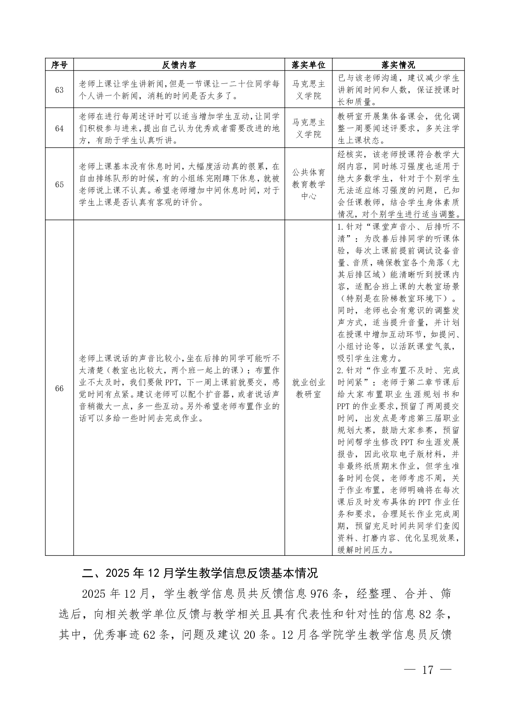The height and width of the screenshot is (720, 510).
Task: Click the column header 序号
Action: [59, 65]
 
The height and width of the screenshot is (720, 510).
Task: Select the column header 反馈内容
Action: [179, 65]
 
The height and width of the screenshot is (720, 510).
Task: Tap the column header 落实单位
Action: [308, 65]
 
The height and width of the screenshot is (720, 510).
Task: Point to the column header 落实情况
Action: [398, 65]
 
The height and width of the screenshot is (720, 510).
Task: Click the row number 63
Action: [59, 90]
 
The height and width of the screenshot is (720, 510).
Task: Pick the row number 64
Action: [59, 129]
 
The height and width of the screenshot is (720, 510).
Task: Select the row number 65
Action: [59, 184]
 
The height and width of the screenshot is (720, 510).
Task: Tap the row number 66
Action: [59, 388]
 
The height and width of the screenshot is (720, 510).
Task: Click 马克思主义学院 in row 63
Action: [308, 90]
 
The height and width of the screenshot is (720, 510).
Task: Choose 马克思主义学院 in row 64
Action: [308, 128]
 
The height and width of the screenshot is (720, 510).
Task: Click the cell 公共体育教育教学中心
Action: [308, 184]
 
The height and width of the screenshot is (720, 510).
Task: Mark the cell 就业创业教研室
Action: [308, 388]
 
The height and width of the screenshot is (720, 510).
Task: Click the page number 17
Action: [428, 670]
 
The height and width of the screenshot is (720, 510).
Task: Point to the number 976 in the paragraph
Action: [321, 594]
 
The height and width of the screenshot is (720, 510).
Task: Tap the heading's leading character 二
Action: [87, 573]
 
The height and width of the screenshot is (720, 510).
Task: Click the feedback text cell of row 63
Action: [179, 90]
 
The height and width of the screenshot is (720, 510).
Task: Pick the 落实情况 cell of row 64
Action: [398, 128]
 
